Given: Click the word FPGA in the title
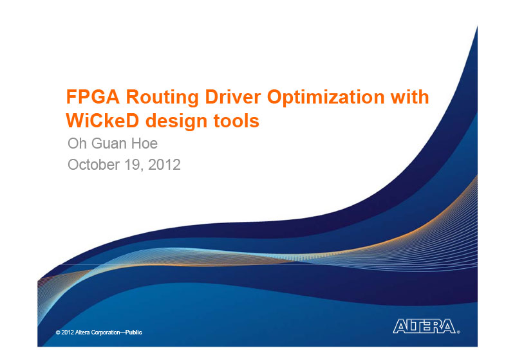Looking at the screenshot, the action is pyautogui.click(x=93, y=97).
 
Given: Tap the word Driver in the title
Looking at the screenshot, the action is pyautogui.click(x=233, y=97).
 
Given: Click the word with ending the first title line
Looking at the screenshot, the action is pyautogui.click(x=409, y=97).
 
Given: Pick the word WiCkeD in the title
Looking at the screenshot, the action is pyautogui.click(x=102, y=120).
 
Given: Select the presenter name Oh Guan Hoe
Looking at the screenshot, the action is pyautogui.click(x=113, y=143).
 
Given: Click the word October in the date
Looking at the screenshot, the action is pyautogui.click(x=93, y=165).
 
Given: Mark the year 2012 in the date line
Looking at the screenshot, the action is pyautogui.click(x=164, y=165).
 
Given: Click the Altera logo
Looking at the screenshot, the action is pyautogui.click(x=424, y=326).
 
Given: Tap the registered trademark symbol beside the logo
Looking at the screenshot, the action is pyautogui.click(x=458, y=332).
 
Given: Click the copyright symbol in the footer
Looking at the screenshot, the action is pyautogui.click(x=58, y=332).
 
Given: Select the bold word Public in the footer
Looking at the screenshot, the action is pyautogui.click(x=134, y=332).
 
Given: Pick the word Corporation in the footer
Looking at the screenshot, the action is pyautogui.click(x=106, y=332).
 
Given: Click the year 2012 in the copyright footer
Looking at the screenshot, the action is pyautogui.click(x=68, y=332).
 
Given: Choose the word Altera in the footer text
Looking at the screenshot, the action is pyautogui.click(x=82, y=332).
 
